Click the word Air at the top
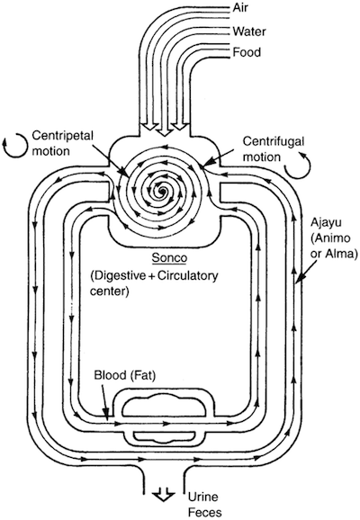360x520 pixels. point(240,7)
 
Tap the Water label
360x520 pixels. point(249,31)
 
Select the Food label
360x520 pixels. point(247,52)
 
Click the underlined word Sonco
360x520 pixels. point(169,258)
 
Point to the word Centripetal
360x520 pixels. point(63,136)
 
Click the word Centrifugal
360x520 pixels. point(274,141)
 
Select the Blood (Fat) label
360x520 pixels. point(125,375)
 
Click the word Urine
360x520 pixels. point(203,497)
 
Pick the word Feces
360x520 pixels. point(205,512)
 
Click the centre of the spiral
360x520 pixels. point(163,191)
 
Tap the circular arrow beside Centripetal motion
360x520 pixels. point(14,145)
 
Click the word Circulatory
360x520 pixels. point(188,276)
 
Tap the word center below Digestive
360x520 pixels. point(109,291)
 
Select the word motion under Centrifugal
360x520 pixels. point(262,157)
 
